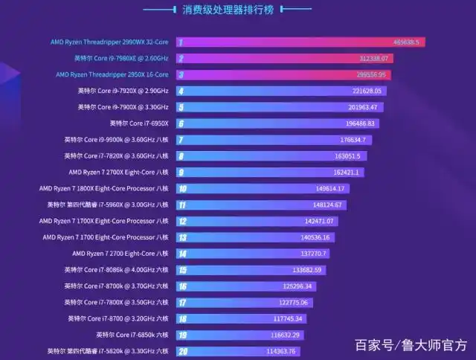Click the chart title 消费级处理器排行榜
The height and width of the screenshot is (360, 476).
pyautogui.click(x=237, y=10)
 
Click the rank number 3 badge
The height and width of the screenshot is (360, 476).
pyautogui.click(x=181, y=74)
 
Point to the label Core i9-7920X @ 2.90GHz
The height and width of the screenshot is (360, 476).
pyautogui.click(x=123, y=91)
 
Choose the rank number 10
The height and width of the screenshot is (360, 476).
pyautogui.click(x=182, y=189)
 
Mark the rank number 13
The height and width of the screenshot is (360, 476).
pyautogui.click(x=182, y=237)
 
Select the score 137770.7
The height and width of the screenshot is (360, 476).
pyautogui.click(x=312, y=254)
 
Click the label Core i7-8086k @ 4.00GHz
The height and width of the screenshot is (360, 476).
pyautogui.click(x=116, y=270)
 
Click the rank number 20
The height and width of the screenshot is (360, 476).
pyautogui.click(x=182, y=351)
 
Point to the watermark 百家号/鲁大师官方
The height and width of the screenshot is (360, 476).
pyautogui.click(x=411, y=345)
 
